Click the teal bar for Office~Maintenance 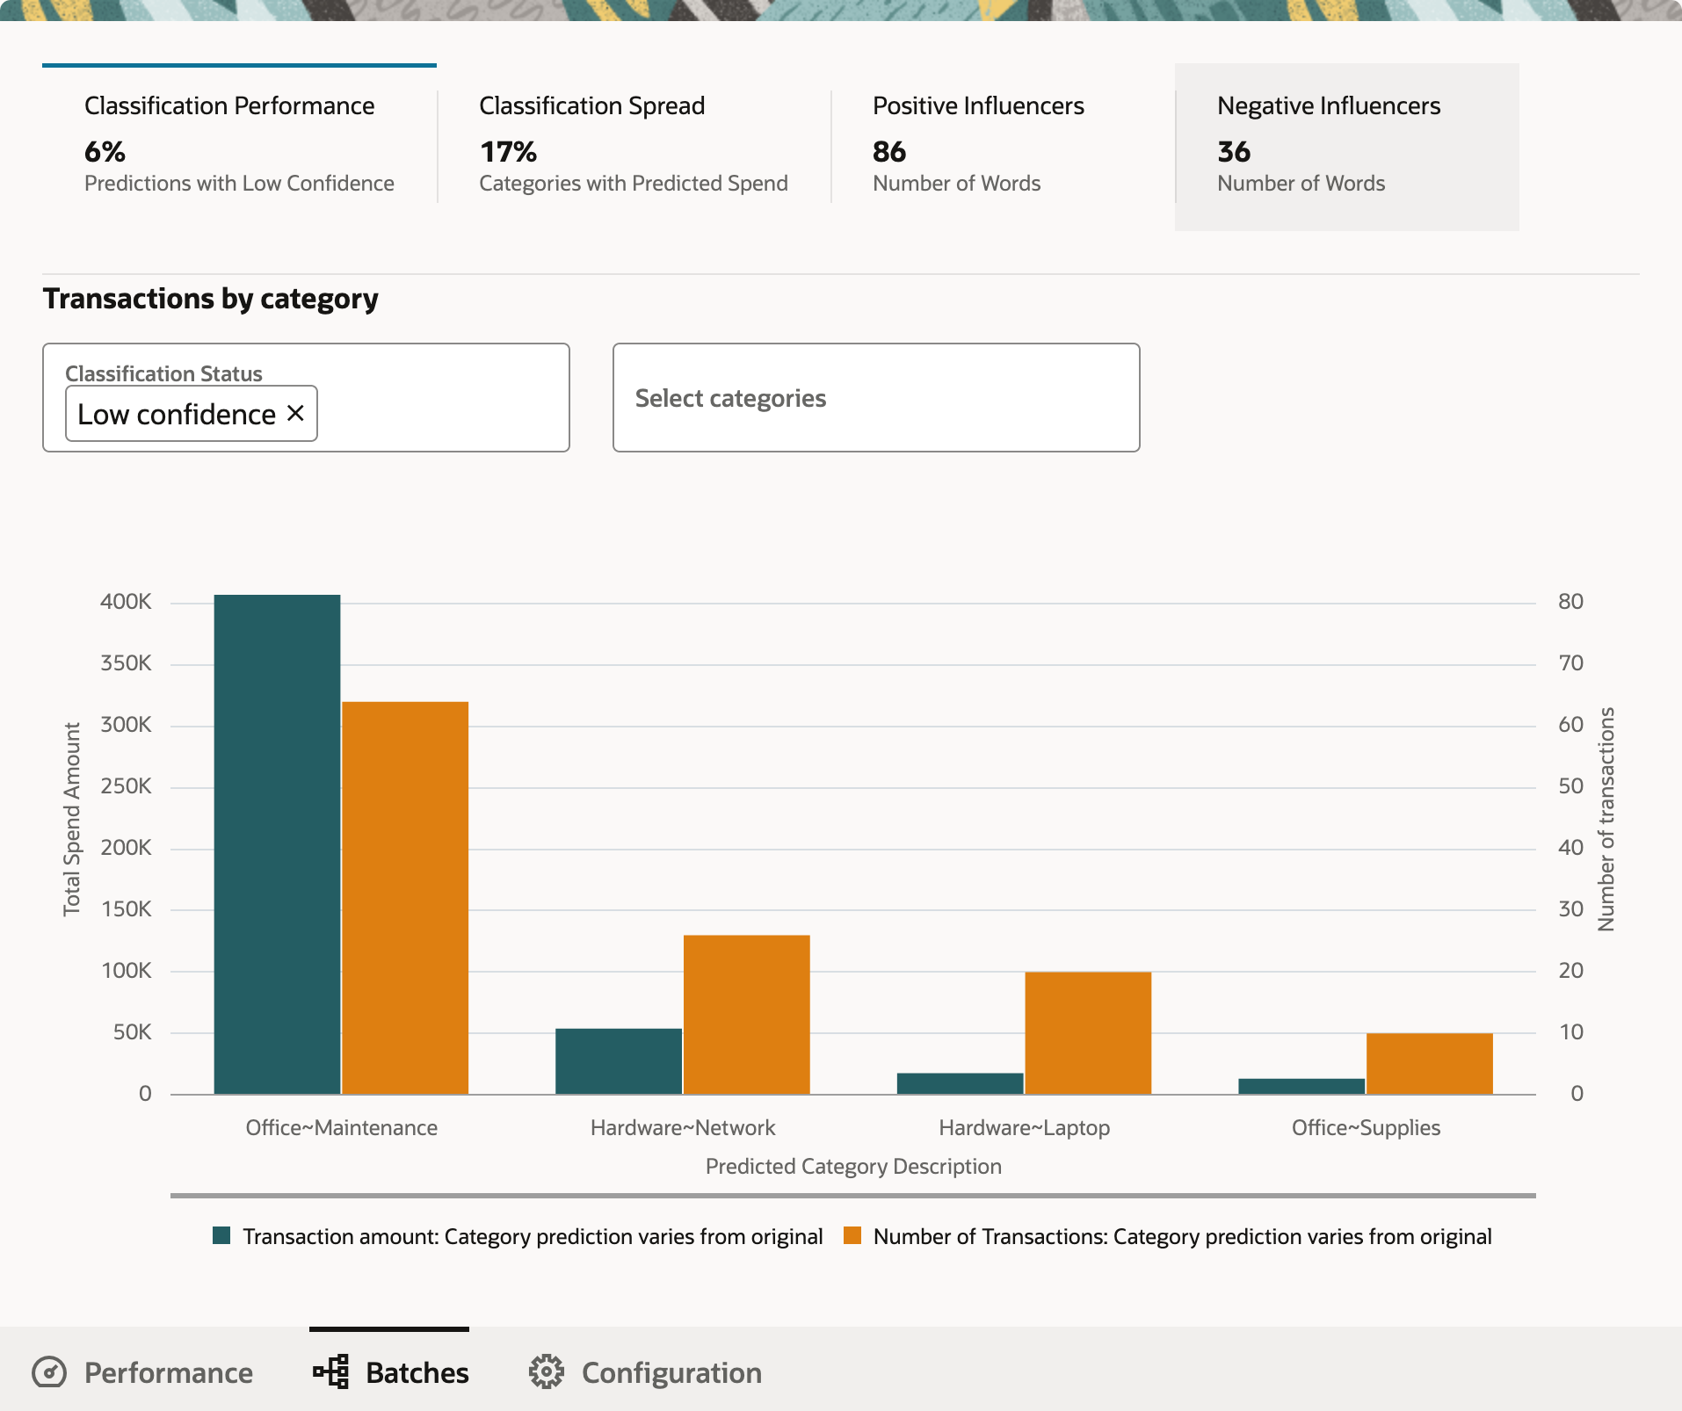(x=277, y=843)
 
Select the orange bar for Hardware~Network (x=746, y=1014)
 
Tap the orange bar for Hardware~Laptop (x=1088, y=1032)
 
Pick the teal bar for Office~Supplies (x=1301, y=1086)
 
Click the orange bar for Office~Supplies (x=1429, y=1063)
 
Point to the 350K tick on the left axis (x=126, y=663)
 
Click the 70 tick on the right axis (x=1570, y=663)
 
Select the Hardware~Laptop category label (x=1024, y=1127)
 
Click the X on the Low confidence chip (x=296, y=413)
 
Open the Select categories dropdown (x=875, y=398)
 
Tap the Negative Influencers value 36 (x=1234, y=152)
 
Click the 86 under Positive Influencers (x=889, y=152)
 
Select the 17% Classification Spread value (x=508, y=152)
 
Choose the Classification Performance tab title (x=229, y=106)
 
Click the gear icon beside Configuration (x=546, y=1371)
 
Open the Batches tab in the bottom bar (x=391, y=1371)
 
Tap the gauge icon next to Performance (x=49, y=1371)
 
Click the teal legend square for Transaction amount (x=221, y=1236)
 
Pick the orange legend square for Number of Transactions (x=852, y=1236)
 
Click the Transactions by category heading (x=211, y=299)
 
